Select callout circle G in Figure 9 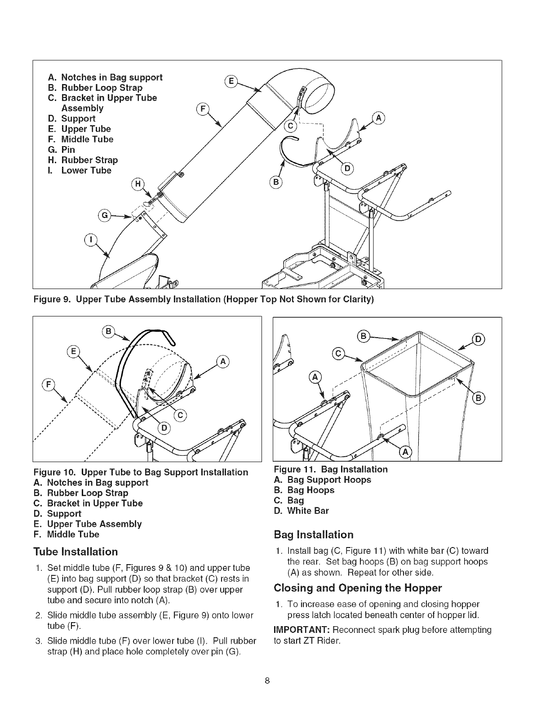pyautogui.click(x=105, y=216)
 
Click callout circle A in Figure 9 pyautogui.click(x=379, y=118)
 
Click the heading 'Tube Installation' pyautogui.click(x=75, y=552)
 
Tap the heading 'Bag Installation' pyautogui.click(x=314, y=534)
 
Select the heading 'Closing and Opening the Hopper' pyautogui.click(x=358, y=588)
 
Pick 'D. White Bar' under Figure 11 pyautogui.click(x=301, y=511)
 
